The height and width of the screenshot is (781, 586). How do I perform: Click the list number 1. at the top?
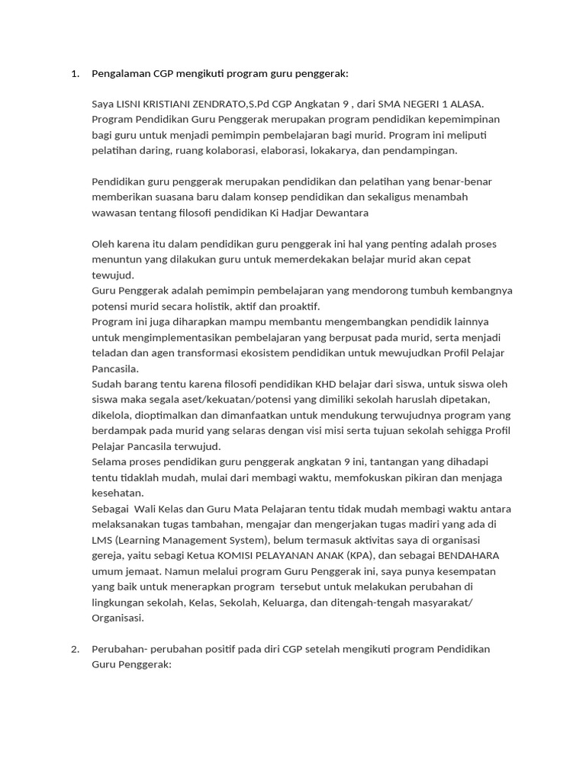tap(75, 74)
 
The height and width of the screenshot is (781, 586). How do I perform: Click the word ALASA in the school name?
tap(465, 104)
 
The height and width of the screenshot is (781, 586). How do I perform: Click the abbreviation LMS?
tap(102, 540)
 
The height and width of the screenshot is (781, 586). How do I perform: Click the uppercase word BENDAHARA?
tap(465, 556)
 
